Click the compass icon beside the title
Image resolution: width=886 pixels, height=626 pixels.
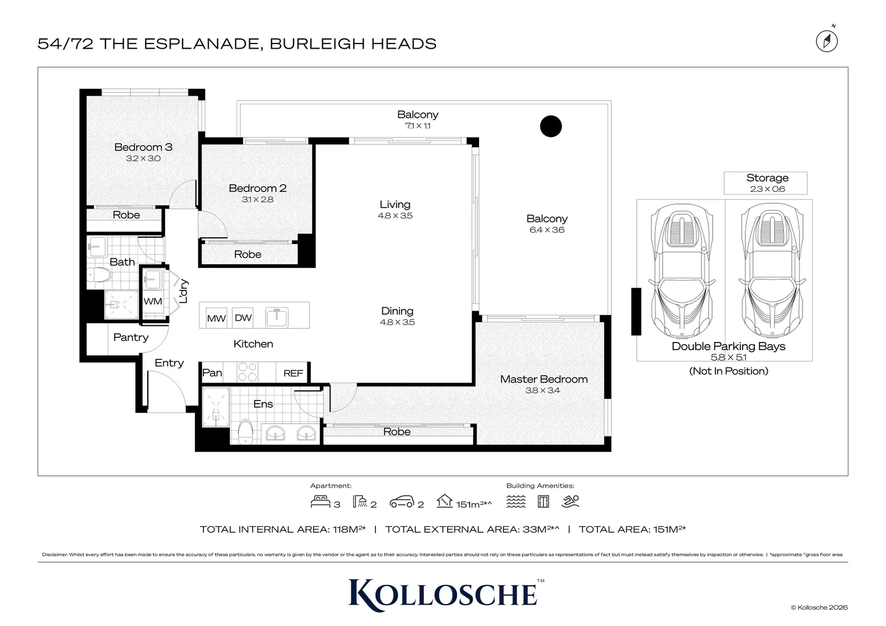point(827,41)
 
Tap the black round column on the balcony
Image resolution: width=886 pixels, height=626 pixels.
point(551,126)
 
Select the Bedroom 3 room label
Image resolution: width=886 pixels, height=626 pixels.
point(143,147)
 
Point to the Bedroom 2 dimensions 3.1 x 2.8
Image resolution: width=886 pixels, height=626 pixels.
point(257,199)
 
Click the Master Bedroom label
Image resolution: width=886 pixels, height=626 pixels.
point(544,379)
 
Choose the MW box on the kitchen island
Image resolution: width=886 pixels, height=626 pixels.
point(216,318)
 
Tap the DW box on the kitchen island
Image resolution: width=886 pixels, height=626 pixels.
point(243,318)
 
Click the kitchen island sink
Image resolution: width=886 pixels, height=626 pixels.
point(277,317)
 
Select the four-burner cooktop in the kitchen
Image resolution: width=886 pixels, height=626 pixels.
point(247,372)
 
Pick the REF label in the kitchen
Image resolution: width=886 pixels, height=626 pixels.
point(293,373)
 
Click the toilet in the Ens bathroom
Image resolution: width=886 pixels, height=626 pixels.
point(246,432)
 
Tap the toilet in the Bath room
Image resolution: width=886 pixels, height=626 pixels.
point(99,274)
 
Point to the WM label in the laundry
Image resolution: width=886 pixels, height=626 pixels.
point(152,301)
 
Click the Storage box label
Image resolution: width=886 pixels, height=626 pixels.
point(767,178)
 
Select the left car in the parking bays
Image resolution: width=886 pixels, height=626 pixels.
point(681,271)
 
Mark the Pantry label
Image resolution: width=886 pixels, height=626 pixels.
point(131,337)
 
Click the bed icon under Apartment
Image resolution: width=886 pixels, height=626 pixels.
point(321,501)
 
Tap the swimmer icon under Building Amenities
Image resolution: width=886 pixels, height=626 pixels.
point(571,501)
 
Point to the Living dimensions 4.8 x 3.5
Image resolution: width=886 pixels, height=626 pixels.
point(395,216)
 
